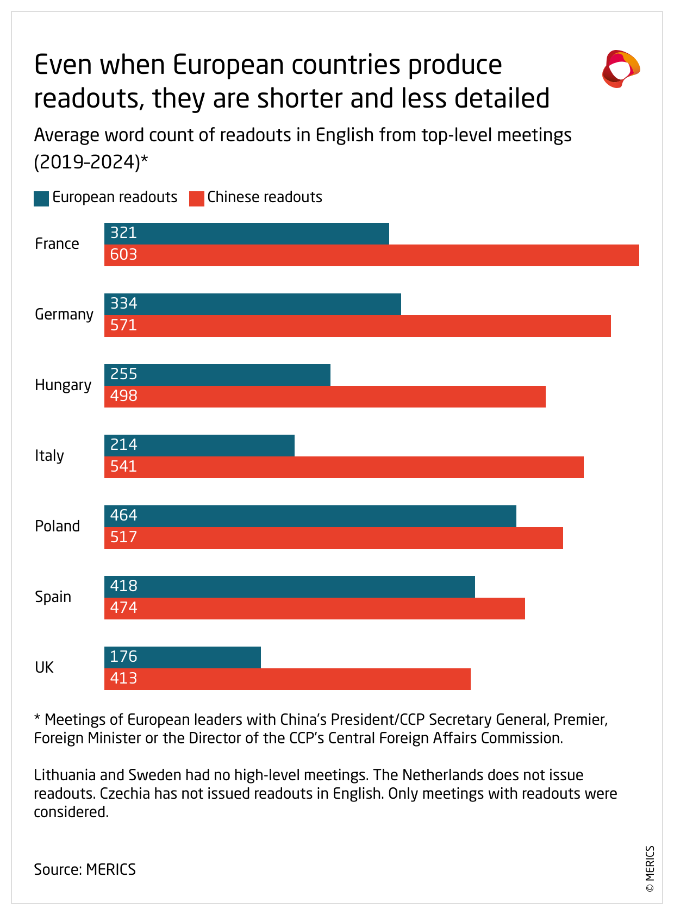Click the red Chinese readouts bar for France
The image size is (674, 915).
372,255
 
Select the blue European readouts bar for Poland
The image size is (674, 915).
310,516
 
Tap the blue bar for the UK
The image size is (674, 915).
183,657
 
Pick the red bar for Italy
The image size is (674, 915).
344,467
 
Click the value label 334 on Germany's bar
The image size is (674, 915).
124,304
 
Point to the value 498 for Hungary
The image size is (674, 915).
124,396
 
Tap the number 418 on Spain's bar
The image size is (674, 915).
124,586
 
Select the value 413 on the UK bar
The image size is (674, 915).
124,679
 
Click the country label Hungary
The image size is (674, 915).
63,385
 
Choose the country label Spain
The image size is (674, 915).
53,597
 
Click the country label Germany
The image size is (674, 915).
64,315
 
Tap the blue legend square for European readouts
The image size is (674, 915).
41,198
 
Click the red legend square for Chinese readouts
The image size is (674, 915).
196,198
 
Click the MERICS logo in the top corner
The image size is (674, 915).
621,69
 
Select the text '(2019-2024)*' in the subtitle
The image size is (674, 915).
91,162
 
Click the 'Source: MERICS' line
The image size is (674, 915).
85,869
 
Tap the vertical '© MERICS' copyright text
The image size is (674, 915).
650,869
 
